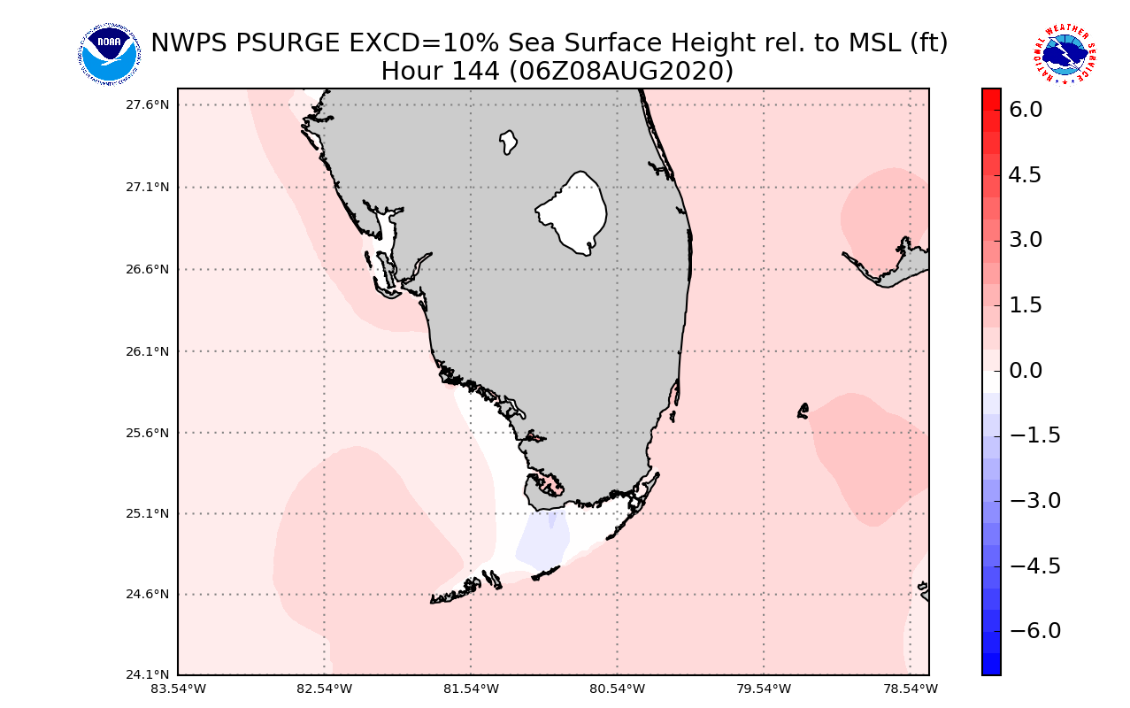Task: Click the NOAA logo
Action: coord(109,55)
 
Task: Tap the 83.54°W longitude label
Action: coord(178,689)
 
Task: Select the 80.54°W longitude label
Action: coord(617,689)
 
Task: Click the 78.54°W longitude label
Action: coord(910,689)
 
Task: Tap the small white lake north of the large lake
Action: coord(508,142)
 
